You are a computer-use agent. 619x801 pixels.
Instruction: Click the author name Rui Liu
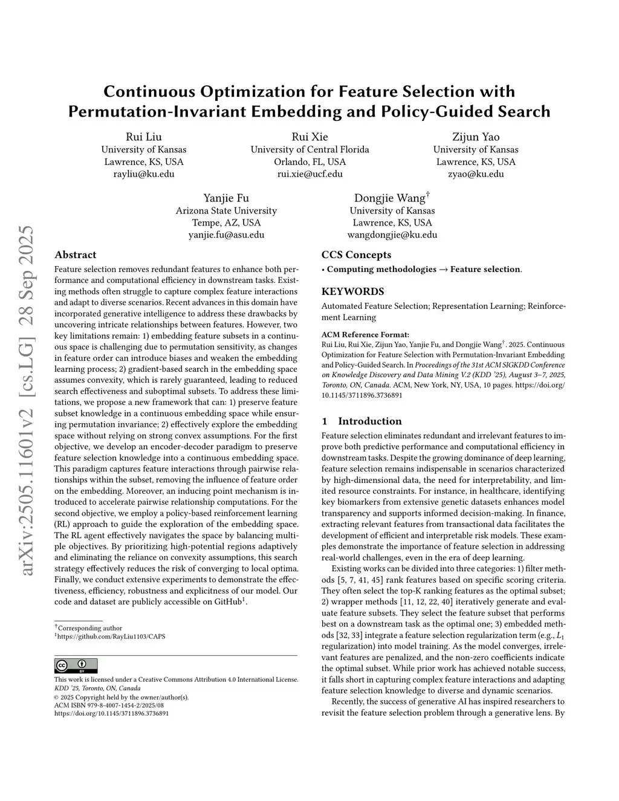143,137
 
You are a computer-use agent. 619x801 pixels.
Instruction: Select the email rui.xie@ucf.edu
309,174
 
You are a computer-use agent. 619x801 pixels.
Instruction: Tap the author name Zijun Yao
476,137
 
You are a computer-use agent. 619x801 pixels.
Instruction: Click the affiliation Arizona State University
226,211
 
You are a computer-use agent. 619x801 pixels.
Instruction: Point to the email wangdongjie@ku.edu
392,235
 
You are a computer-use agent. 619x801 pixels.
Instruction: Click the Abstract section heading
75,255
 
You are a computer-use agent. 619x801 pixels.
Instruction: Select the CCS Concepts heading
356,255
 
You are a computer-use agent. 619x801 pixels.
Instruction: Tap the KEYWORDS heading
352,291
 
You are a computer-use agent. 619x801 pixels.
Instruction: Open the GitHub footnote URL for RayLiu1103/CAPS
111,637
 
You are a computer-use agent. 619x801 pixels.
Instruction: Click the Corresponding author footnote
89,628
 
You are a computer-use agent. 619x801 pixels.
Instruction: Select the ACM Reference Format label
365,334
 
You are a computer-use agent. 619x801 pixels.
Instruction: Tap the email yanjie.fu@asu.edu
226,235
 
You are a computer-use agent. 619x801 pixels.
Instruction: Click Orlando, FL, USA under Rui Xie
309,162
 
